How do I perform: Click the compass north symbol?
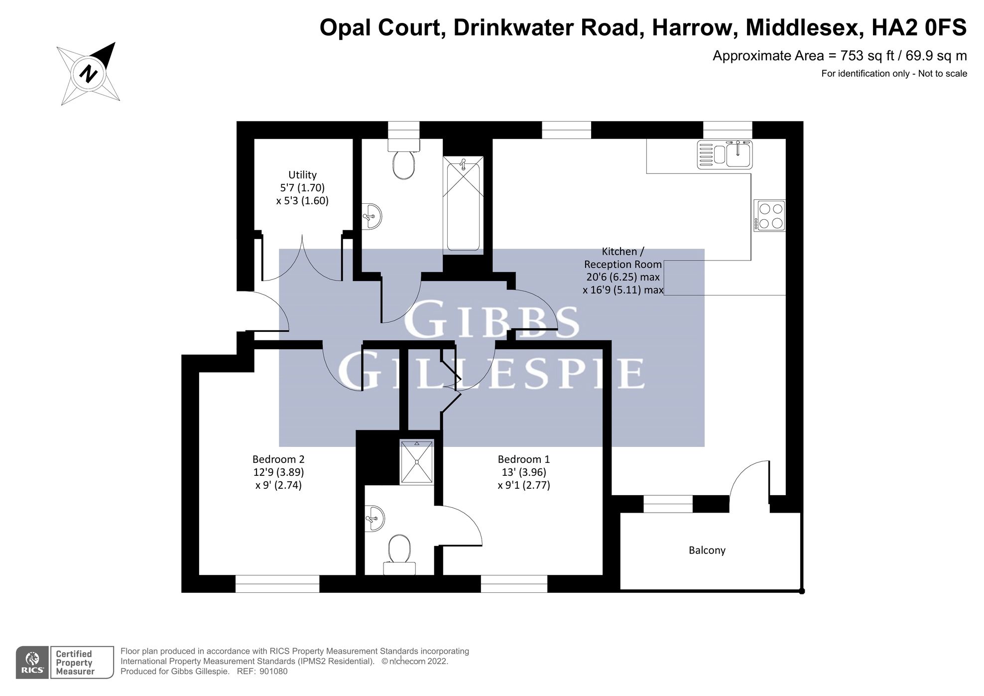pyautogui.click(x=89, y=74)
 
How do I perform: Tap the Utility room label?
pyautogui.click(x=302, y=175)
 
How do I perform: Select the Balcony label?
pyautogui.click(x=707, y=550)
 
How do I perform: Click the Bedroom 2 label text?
pyautogui.click(x=278, y=459)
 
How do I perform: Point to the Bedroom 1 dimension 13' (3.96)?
pyautogui.click(x=524, y=472)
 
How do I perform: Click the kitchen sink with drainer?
pyautogui.click(x=725, y=154)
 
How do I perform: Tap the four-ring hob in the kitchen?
pyautogui.click(x=770, y=216)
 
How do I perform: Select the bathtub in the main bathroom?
pyautogui.click(x=463, y=205)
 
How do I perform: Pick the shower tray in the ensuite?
pyautogui.click(x=417, y=462)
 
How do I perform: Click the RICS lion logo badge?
pyautogui.click(x=32, y=663)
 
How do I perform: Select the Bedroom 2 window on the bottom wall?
pyautogui.click(x=277, y=584)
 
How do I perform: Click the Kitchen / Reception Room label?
pyautogui.click(x=622, y=264)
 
